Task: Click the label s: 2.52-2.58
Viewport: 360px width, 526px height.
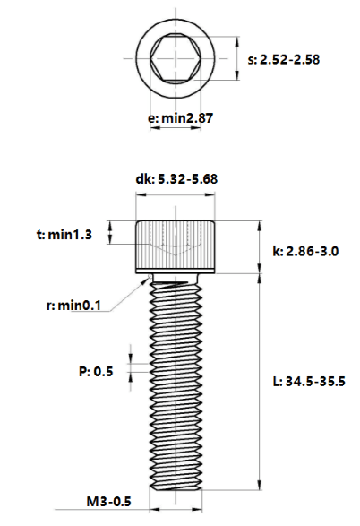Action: pyautogui.click(x=284, y=60)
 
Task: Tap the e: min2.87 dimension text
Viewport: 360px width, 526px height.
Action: pyautogui.click(x=180, y=118)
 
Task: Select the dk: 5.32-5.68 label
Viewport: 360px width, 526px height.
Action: pyautogui.click(x=176, y=179)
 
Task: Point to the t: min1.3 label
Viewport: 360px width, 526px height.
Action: pyautogui.click(x=64, y=235)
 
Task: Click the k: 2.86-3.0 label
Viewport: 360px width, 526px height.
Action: pyautogui.click(x=305, y=251)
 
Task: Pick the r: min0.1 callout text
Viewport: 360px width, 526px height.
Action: pyautogui.click(x=73, y=306)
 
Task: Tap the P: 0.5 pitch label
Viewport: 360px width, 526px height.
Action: pyautogui.click(x=96, y=371)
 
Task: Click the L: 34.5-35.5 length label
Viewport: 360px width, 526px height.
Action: pyautogui.click(x=309, y=382)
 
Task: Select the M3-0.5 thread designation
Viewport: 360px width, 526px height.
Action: pyautogui.click(x=109, y=502)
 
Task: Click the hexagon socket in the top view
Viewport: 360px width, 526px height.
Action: pyautogui.click(x=176, y=58)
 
